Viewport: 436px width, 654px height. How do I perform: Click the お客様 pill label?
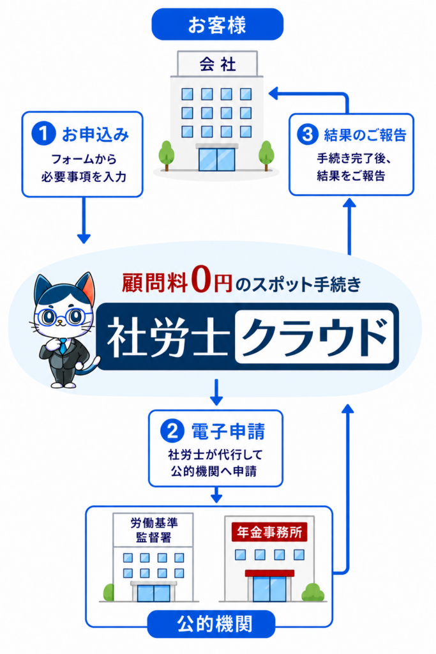pyautogui.click(x=217, y=24)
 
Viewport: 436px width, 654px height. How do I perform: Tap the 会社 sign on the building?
pyautogui.click(x=217, y=64)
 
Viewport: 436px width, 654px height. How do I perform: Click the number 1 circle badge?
pyautogui.click(x=43, y=133)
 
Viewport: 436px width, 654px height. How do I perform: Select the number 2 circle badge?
pyautogui.click(x=172, y=431)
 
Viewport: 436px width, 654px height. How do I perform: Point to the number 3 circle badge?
pyautogui.click(x=308, y=134)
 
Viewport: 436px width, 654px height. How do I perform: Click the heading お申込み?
pyautogui.click(x=96, y=134)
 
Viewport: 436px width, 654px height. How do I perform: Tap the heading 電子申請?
pyautogui.click(x=228, y=431)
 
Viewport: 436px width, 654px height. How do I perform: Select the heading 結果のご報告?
pyautogui.click(x=365, y=135)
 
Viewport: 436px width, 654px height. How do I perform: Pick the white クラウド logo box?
pyautogui.click(x=315, y=337)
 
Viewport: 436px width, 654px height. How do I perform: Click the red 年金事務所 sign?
pyautogui.click(x=269, y=532)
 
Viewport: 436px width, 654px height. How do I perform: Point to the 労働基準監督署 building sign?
pyautogui.click(x=153, y=529)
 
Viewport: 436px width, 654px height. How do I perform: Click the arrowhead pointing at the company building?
pyautogui.click(x=273, y=93)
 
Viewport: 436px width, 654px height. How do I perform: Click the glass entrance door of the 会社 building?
pyautogui.click(x=217, y=159)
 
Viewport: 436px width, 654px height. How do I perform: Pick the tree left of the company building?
pyautogui.click(x=167, y=155)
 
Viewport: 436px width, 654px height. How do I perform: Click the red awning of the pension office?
pyautogui.click(x=269, y=573)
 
